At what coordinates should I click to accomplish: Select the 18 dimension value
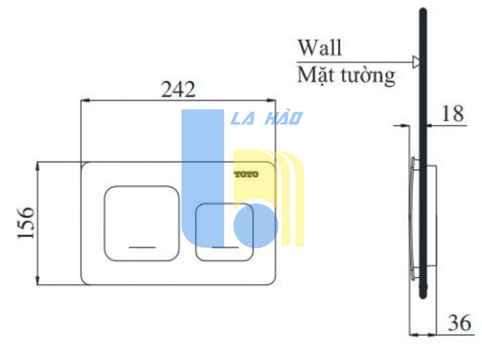click(x=454, y=114)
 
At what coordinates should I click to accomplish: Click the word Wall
click(x=319, y=48)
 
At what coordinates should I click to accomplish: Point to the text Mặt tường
click(x=346, y=76)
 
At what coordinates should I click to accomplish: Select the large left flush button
click(x=141, y=223)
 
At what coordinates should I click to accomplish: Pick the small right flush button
click(x=224, y=232)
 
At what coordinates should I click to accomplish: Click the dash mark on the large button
click(x=142, y=247)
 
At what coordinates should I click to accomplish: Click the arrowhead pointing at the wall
click(x=416, y=62)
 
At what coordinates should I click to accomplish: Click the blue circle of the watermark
click(x=255, y=224)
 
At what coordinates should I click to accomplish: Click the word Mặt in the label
click(x=313, y=76)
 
